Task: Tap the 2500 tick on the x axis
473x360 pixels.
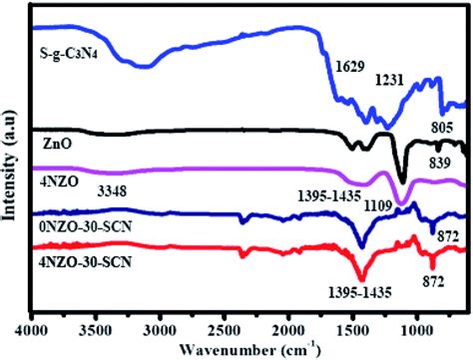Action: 225,321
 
